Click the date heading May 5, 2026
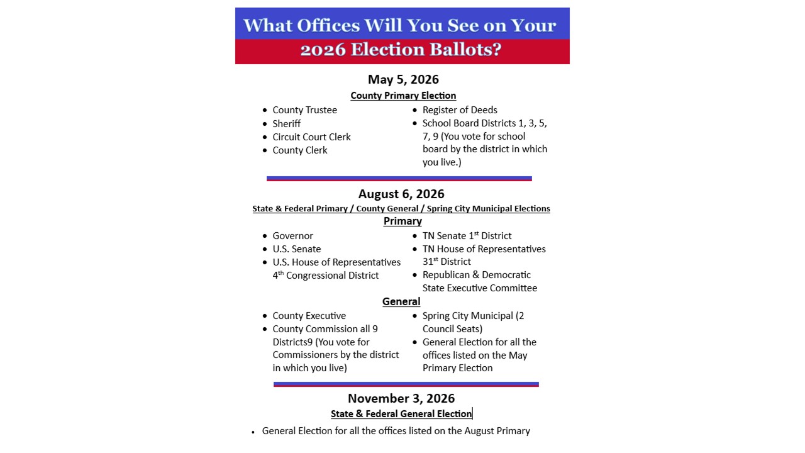point(403,80)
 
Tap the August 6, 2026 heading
point(401,194)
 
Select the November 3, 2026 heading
point(401,399)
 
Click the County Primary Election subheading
point(403,96)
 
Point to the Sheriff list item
point(286,124)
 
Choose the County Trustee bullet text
point(304,110)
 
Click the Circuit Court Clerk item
point(311,137)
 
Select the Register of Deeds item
point(460,110)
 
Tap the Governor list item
point(292,236)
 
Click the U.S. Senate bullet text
point(296,249)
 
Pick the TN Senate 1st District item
point(467,236)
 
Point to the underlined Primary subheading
point(402,221)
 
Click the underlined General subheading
point(401,302)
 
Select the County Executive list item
point(309,316)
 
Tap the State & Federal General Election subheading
point(401,414)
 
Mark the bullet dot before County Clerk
point(265,151)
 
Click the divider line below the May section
point(399,179)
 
